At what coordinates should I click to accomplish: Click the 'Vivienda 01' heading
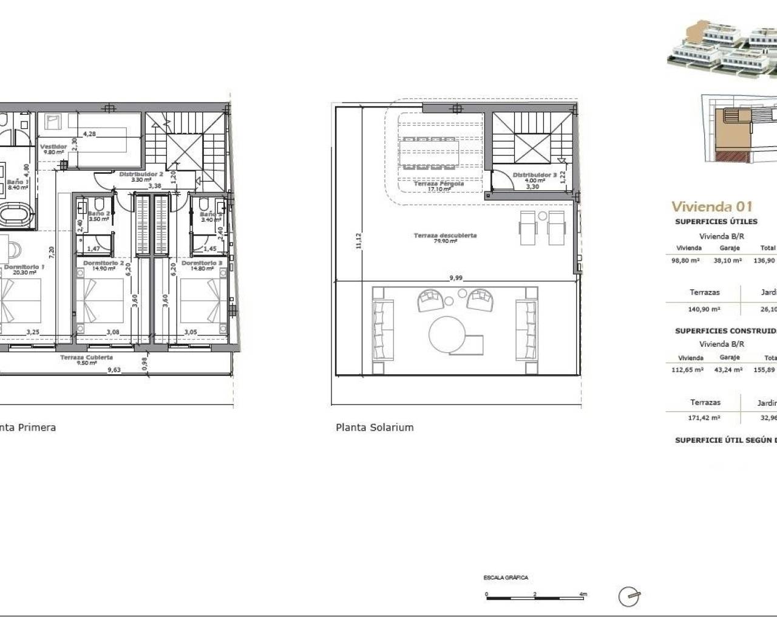tap(711, 207)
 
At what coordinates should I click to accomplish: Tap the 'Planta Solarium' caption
tap(375, 428)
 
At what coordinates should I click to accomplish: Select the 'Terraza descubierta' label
tap(445, 235)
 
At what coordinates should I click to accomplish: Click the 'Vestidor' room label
tap(53, 147)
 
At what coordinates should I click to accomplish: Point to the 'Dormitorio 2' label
tap(103, 263)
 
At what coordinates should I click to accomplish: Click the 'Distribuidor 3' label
tap(534, 175)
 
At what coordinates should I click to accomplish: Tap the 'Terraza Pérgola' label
tap(438, 183)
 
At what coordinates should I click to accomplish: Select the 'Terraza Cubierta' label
tap(86, 358)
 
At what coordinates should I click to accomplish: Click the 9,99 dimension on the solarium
tap(456, 278)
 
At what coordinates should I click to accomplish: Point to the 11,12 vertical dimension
tap(359, 241)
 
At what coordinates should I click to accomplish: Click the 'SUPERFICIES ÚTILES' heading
tap(716, 222)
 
